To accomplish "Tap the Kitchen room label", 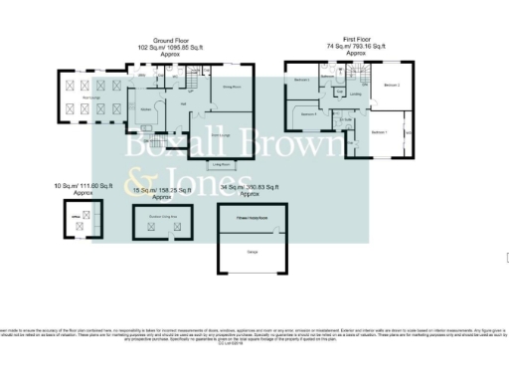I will [x=145, y=107].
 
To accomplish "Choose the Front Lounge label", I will [x=222, y=133].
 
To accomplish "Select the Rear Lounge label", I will [x=89, y=96].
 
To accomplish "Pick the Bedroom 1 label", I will [x=379, y=131].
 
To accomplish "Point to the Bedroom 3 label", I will [x=309, y=113].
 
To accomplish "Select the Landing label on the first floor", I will [x=355, y=95].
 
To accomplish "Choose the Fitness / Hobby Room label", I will [x=253, y=213].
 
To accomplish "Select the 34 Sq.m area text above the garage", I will [x=244, y=186].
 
